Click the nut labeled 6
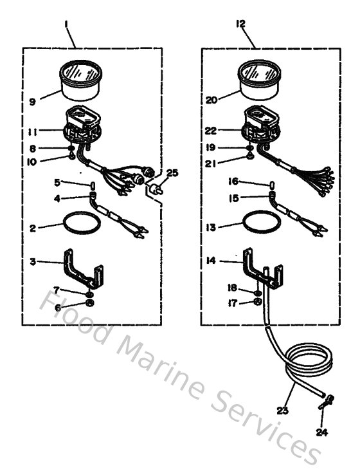[90, 302]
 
